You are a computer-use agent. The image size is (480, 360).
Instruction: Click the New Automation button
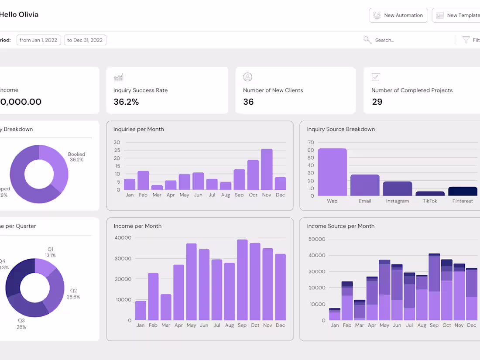point(398,15)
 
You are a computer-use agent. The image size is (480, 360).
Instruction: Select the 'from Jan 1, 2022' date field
point(38,40)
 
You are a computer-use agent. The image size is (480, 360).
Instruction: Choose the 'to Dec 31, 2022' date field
point(85,40)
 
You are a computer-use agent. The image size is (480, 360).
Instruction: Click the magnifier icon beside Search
point(367,40)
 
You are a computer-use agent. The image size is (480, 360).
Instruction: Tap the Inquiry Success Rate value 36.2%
point(126,102)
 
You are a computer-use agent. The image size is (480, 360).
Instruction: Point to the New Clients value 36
point(248,102)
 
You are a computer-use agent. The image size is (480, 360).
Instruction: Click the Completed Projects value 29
point(377,102)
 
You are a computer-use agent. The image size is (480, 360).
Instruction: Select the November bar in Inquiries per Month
point(267,169)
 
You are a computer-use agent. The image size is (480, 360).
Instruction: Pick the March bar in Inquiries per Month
point(157,187)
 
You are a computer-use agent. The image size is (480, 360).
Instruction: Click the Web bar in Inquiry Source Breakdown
point(332,172)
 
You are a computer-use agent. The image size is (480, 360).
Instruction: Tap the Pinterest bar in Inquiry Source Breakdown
point(463,191)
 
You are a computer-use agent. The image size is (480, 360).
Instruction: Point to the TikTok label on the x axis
point(430,201)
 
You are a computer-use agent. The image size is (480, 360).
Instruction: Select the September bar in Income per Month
point(242,280)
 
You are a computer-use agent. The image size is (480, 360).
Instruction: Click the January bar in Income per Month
point(141,310)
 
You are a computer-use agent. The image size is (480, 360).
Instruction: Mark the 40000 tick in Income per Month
point(123,238)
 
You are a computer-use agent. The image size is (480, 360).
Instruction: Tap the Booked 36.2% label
point(76,157)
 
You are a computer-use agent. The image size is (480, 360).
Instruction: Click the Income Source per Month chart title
point(340,226)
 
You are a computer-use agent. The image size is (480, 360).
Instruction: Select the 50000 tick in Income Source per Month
point(316,239)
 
